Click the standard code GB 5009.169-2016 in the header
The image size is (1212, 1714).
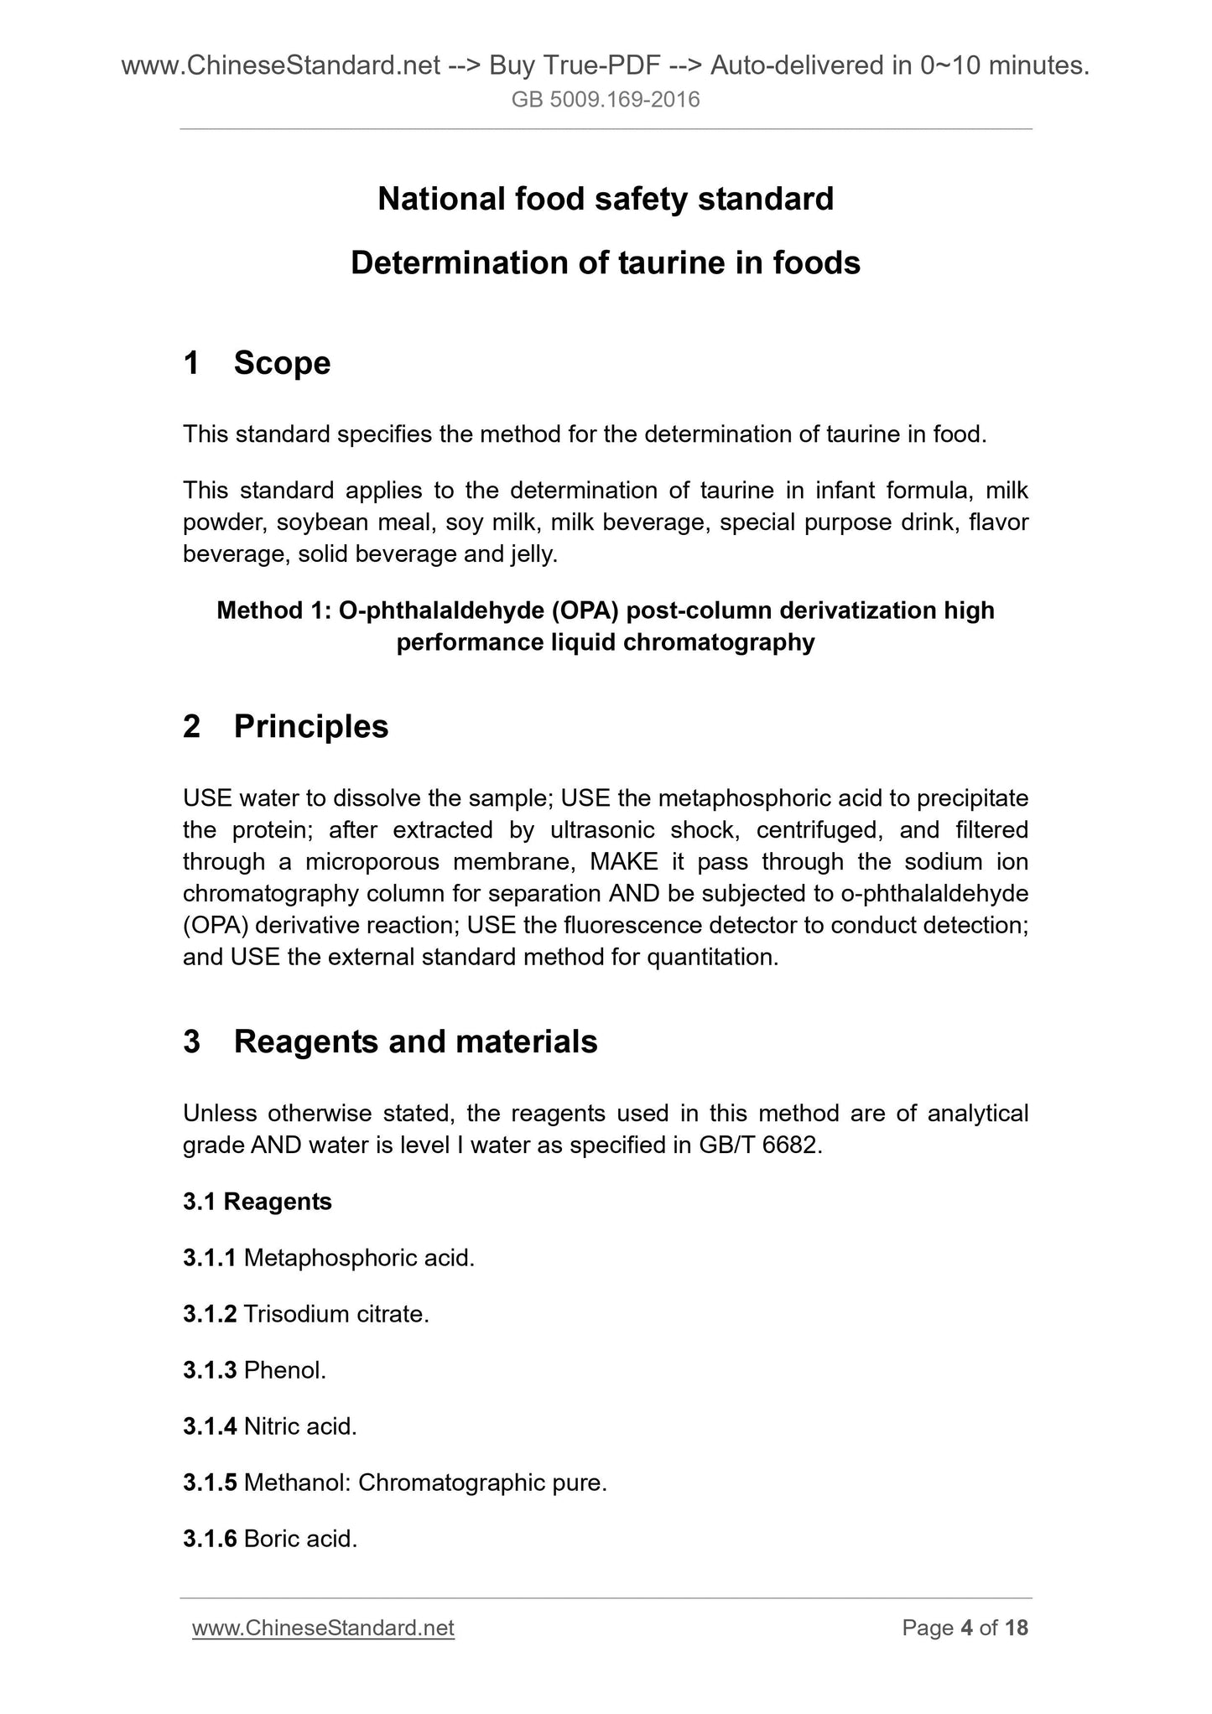tap(606, 101)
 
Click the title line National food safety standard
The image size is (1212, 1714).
tap(606, 200)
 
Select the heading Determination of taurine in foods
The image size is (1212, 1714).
tap(606, 263)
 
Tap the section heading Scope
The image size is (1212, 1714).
tap(282, 363)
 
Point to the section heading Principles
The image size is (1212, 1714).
tap(310, 726)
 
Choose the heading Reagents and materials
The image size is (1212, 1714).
tap(415, 1041)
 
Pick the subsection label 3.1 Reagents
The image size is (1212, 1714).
tap(257, 1202)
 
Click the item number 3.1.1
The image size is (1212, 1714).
tap(210, 1258)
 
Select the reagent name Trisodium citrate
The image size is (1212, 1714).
tap(336, 1314)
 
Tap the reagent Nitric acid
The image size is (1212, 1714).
tap(300, 1426)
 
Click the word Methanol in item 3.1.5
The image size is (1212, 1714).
tap(297, 1483)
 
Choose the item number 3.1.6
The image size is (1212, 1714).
tap(210, 1539)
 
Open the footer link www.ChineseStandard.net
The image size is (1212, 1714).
tap(323, 1628)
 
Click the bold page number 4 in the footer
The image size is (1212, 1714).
tap(966, 1628)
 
